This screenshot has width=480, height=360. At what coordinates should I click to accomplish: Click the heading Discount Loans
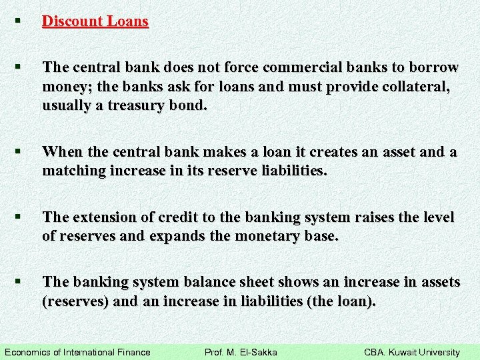click(x=95, y=21)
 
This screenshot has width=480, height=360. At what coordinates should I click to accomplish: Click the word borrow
click(x=435, y=68)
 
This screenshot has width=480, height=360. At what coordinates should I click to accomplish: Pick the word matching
click(x=74, y=171)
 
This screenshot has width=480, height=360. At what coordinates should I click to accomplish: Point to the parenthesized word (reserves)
click(x=75, y=301)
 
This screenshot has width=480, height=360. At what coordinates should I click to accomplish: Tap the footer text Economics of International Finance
click(x=77, y=352)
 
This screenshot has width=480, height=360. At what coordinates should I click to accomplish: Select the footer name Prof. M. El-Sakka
click(x=240, y=352)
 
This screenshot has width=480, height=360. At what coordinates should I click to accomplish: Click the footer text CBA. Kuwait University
click(x=411, y=352)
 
